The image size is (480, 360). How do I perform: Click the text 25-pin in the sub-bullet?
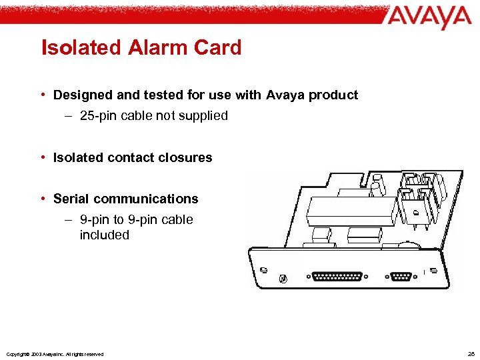(98, 116)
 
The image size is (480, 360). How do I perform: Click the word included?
(104, 235)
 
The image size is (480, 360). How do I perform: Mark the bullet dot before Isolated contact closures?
(43, 158)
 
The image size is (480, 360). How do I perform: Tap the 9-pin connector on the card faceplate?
(400, 277)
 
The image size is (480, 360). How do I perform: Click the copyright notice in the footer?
(54, 354)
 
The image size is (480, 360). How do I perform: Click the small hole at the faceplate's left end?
(263, 269)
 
